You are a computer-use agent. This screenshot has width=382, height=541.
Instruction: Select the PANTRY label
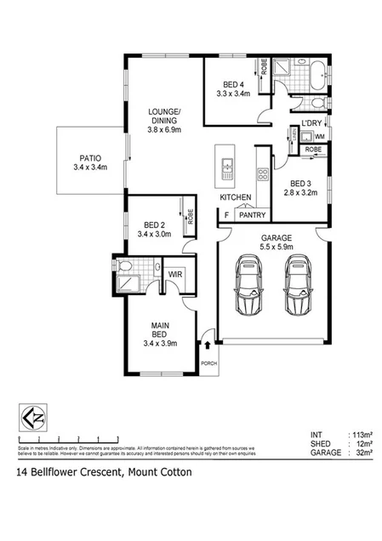tap(253, 215)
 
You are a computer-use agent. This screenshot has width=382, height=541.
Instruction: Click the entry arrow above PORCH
tap(208, 345)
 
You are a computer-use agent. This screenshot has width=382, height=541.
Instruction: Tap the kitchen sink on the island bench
tap(226, 170)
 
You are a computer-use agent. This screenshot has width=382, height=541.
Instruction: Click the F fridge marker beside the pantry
tap(226, 215)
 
